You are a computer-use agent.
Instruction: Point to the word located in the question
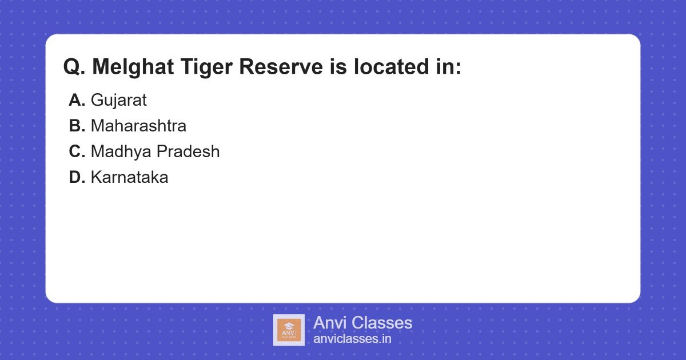[389, 67]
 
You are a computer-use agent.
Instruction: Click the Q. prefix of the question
[74, 67]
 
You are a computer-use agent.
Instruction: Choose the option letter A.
[77, 101]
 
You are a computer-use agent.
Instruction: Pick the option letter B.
[77, 126]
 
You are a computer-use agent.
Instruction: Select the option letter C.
[77, 152]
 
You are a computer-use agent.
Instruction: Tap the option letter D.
[77, 178]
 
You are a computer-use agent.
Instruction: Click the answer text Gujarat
[118, 101]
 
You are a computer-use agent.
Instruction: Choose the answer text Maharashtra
[138, 126]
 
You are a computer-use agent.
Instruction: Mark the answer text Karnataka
[129, 178]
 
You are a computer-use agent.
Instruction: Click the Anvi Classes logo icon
[289, 330]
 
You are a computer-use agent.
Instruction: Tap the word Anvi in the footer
[329, 323]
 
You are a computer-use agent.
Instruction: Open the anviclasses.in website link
[352, 339]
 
